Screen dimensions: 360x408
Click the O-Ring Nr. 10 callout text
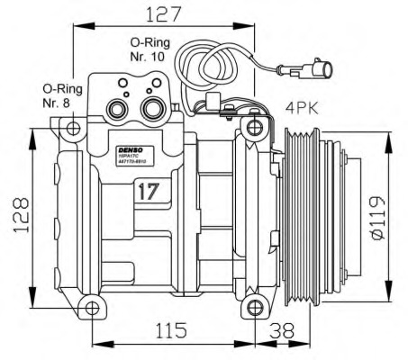click(x=148, y=49)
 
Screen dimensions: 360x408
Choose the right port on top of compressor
click(x=151, y=109)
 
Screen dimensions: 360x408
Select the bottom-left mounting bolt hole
click(x=92, y=309)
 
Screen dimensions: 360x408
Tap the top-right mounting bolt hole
click(x=255, y=123)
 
